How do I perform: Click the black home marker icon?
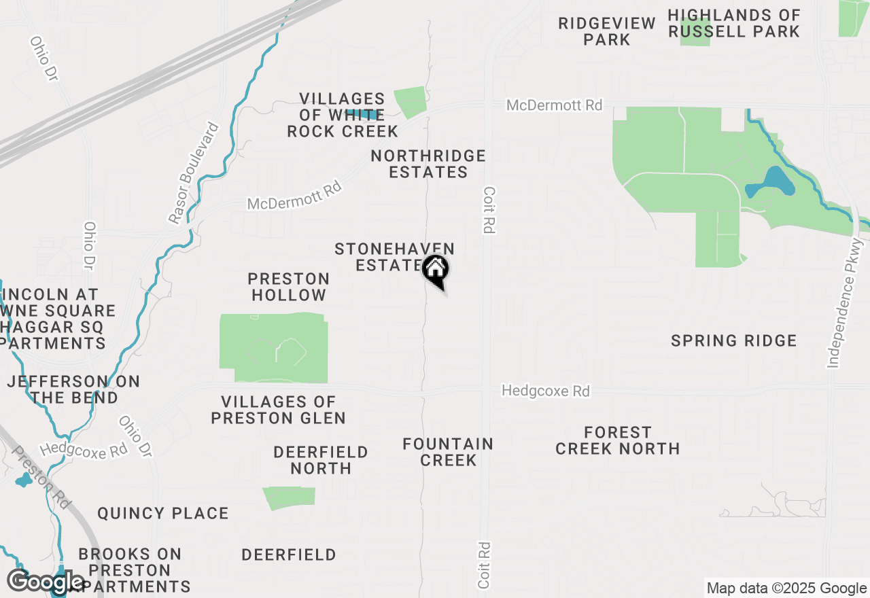point(435,270)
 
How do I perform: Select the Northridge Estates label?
point(428,164)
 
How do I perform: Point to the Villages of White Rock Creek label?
point(342,116)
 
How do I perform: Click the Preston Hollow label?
point(289,287)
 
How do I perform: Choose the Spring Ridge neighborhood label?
point(733,340)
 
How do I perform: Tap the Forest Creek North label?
point(617,440)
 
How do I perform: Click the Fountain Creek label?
point(448,452)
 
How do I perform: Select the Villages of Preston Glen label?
point(278,410)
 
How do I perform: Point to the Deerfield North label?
point(321,460)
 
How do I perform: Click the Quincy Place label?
point(163,513)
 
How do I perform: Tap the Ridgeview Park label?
point(607,31)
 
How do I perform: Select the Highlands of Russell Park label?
point(734,23)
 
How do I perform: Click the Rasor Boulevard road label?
point(194,173)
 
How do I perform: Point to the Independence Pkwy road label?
point(846,303)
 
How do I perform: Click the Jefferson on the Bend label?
point(73,389)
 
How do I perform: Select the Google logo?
point(46,582)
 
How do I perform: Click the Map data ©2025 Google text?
point(786,588)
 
